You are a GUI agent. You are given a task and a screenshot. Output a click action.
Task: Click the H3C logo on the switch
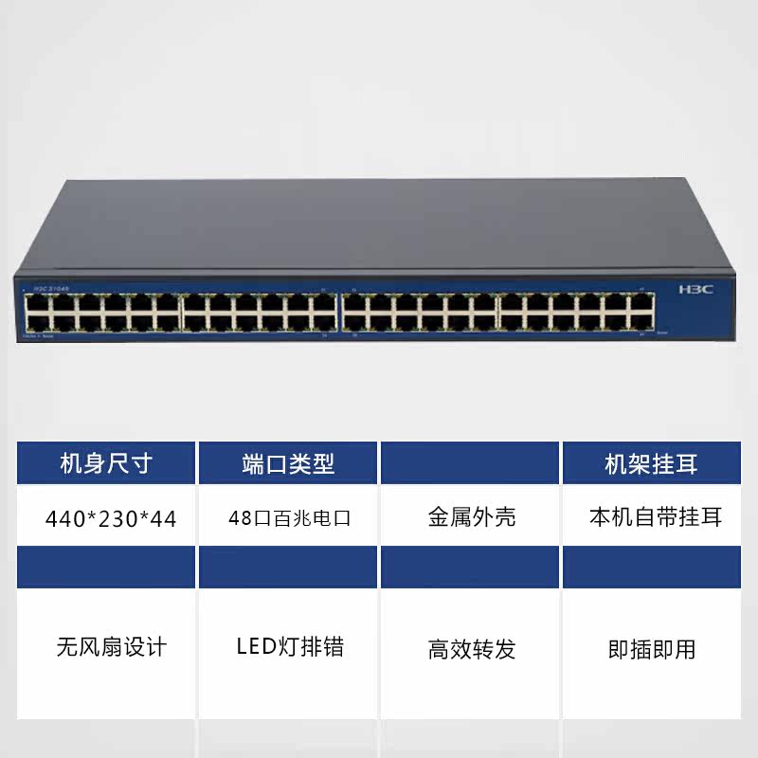pyautogui.click(x=695, y=289)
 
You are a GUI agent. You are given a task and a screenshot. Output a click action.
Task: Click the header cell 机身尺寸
pyautogui.click(x=106, y=463)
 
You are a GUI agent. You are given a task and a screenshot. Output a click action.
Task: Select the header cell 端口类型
pyautogui.click(x=288, y=463)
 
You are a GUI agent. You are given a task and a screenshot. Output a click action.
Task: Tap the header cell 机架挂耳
pyautogui.click(x=651, y=463)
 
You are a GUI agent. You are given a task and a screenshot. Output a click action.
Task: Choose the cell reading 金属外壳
pyautogui.click(x=471, y=518)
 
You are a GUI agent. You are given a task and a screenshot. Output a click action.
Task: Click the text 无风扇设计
pyautogui.click(x=111, y=647)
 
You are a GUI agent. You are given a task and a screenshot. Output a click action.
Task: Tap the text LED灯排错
pyautogui.click(x=290, y=647)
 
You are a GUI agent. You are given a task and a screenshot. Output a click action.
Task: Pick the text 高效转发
pyautogui.click(x=471, y=649)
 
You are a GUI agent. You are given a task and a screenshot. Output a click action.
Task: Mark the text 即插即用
pyautogui.click(x=651, y=649)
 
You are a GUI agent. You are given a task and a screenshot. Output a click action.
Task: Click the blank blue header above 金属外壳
pyautogui.click(x=471, y=463)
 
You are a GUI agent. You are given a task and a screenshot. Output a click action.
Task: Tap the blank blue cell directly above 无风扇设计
pyautogui.click(x=106, y=567)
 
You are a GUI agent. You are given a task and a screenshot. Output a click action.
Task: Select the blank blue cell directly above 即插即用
pyautogui.click(x=651, y=567)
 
